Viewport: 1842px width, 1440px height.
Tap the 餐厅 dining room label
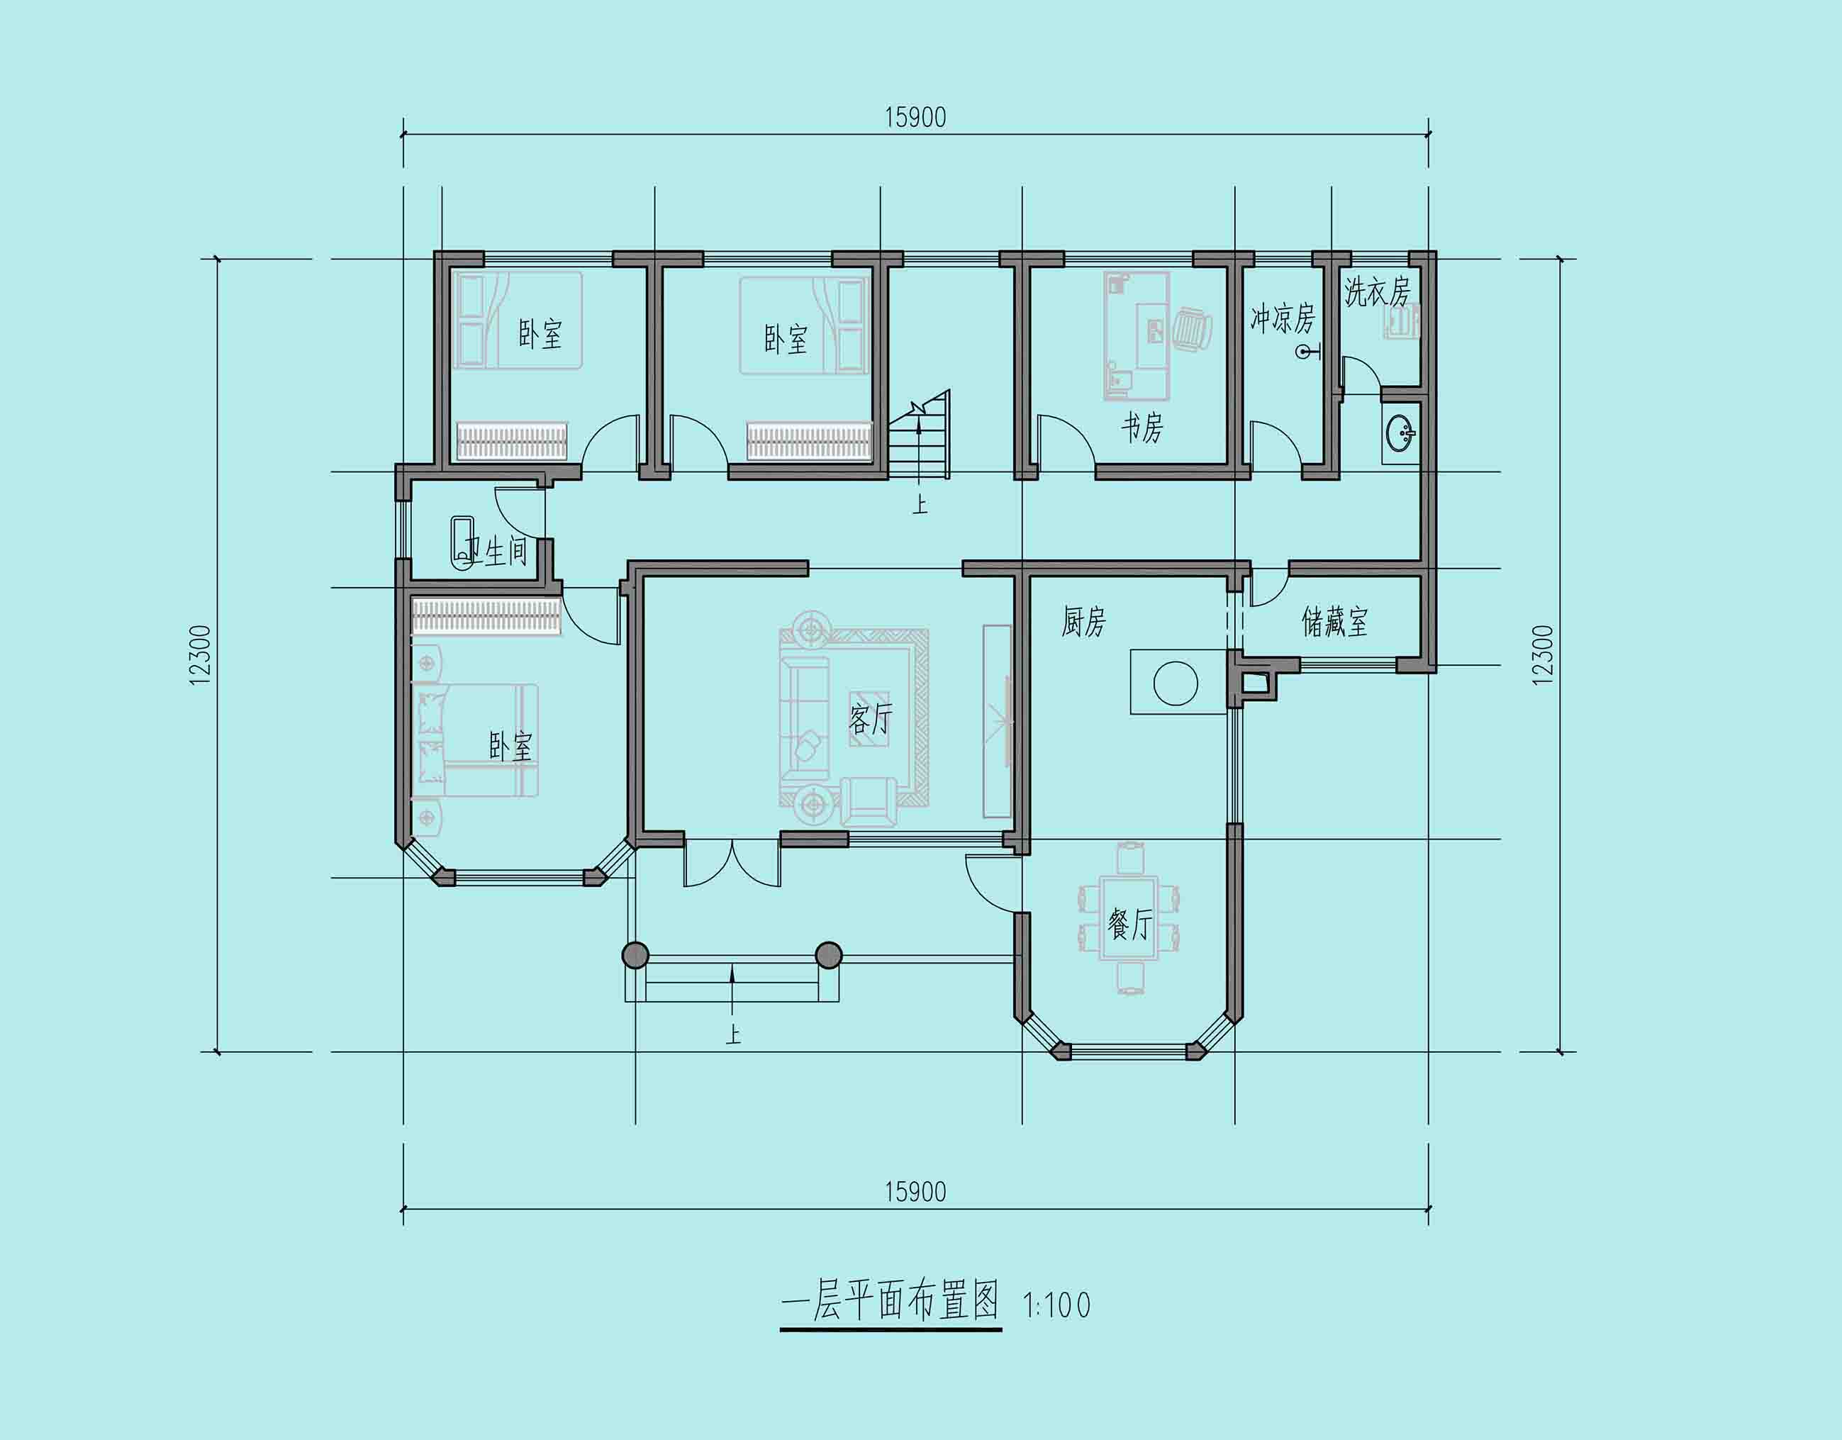point(1129,925)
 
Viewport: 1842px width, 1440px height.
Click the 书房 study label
point(1142,428)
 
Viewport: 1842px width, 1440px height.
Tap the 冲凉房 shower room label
point(1282,318)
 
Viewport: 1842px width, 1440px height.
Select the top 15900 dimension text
point(915,117)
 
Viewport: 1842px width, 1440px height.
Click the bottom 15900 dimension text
point(915,1192)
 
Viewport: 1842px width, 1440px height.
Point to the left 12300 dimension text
point(200,654)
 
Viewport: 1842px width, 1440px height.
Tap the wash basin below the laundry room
point(1401,434)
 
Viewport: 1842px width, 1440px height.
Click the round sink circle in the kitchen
point(1175,683)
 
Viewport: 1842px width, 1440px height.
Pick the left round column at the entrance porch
point(635,955)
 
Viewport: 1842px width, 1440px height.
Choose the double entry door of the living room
point(732,862)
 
